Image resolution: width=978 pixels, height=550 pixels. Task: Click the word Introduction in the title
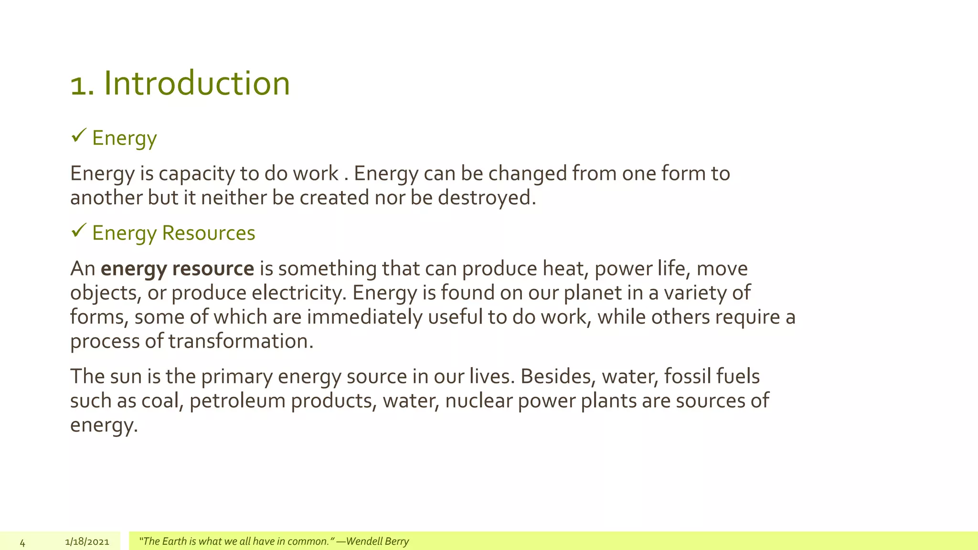point(197,84)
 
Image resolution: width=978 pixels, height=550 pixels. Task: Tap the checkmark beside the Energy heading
point(78,136)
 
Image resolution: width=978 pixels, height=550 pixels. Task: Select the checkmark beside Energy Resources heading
point(78,231)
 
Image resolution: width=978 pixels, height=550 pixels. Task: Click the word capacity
point(196,174)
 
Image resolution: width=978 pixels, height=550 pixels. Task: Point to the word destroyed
point(487,198)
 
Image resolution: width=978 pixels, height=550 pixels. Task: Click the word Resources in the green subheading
point(209,233)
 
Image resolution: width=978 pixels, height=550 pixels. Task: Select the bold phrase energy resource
point(177,269)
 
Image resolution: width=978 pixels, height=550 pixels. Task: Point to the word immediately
point(364,317)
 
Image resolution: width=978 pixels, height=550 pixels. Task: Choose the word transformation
point(240,342)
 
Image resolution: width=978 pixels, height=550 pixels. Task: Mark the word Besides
point(558,377)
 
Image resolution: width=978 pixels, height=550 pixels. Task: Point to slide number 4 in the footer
point(22,542)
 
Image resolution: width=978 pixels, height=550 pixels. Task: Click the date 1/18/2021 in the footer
point(87,542)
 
